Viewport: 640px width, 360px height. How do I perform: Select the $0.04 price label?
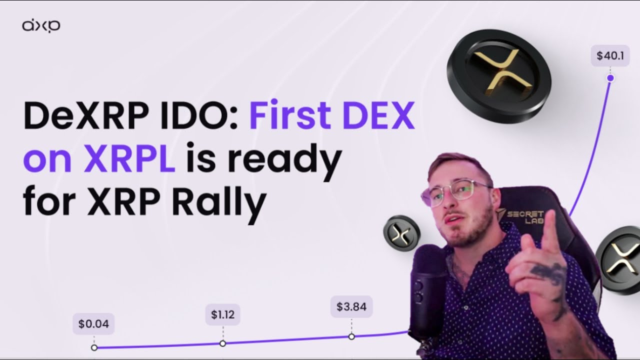93,323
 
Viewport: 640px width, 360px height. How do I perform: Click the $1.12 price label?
222,315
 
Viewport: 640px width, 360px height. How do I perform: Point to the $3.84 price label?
351,306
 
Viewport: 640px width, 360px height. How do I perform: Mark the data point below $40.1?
610,78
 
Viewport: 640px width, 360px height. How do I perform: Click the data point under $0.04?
94,347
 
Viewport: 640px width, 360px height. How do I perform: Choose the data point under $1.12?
222,343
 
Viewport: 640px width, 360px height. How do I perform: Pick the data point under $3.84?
351,336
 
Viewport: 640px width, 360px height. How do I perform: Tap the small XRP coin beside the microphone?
401,233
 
